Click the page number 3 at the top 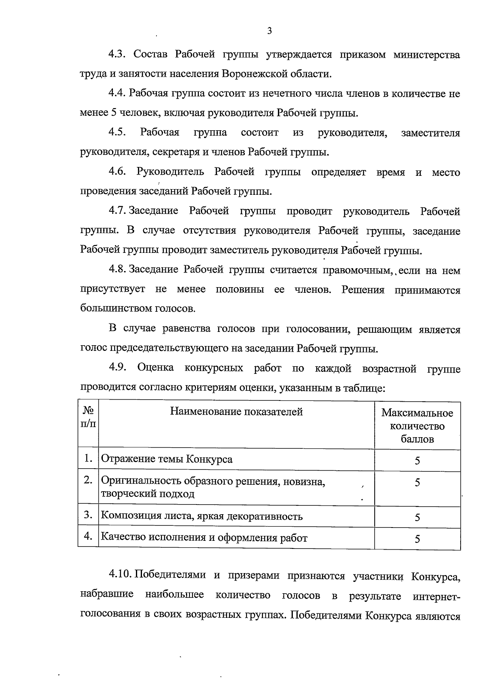269,31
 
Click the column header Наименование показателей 236,412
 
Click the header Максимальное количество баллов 417,426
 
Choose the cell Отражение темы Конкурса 167,459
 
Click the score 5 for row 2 417,483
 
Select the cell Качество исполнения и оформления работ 204,538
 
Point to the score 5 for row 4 417,539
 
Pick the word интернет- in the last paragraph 436,596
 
